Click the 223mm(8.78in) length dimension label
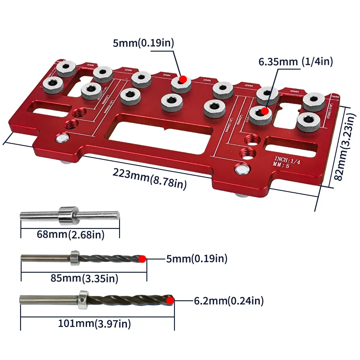tap(149, 178)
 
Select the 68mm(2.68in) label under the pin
tap(70, 234)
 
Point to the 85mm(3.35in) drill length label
tap(84, 278)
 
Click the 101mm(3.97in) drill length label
tap(94, 323)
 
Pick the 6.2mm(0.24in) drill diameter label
tap(229, 301)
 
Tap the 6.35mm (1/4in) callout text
tap(295, 62)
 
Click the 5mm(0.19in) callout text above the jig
tap(143, 43)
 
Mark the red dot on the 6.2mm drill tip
tap(170, 301)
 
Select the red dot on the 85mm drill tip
tap(142, 259)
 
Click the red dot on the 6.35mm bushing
tap(265, 111)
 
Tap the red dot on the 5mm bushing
tap(183, 79)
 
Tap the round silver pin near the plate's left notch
tap(62, 138)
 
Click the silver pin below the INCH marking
tap(242, 169)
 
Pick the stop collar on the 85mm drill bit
tap(74, 258)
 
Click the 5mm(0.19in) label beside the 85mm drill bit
tap(196, 258)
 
